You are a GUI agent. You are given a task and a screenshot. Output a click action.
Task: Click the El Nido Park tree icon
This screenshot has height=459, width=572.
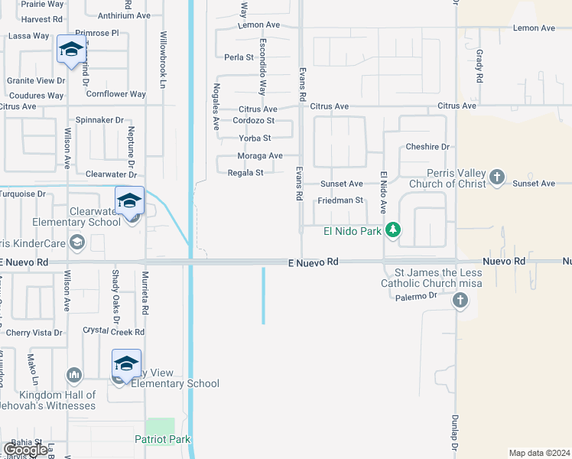[393, 229]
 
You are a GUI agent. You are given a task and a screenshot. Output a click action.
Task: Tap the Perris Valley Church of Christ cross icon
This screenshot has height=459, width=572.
[497, 177]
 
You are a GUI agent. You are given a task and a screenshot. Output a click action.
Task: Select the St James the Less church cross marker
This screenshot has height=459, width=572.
[460, 300]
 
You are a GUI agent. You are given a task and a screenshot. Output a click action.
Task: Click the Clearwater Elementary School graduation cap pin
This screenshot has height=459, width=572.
[130, 201]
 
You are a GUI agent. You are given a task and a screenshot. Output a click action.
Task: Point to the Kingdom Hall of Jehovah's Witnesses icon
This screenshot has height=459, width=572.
[74, 375]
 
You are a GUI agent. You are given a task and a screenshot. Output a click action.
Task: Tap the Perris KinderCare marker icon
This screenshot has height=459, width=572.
[76, 243]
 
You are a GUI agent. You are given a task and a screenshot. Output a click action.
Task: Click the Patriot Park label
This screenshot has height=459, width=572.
[163, 439]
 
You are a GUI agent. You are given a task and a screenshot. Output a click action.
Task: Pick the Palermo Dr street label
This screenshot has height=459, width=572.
[417, 295]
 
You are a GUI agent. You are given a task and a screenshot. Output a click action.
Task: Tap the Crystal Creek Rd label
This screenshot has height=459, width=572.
[113, 332]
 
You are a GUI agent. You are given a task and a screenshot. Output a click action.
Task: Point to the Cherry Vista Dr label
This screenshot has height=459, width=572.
[34, 333]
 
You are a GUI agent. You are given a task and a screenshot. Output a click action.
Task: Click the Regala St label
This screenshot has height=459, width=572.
[245, 173]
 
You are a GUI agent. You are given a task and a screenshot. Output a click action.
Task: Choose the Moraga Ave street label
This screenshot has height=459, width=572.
[260, 156]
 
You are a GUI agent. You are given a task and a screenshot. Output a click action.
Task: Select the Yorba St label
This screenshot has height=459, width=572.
[255, 138]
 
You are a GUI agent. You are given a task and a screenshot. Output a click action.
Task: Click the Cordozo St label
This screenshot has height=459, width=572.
[253, 121]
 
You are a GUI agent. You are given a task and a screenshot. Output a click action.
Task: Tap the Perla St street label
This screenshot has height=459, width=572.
[239, 57]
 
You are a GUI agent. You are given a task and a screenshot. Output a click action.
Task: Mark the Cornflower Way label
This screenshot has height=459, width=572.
[115, 95]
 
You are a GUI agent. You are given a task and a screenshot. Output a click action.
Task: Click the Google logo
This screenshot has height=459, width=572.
[25, 450]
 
